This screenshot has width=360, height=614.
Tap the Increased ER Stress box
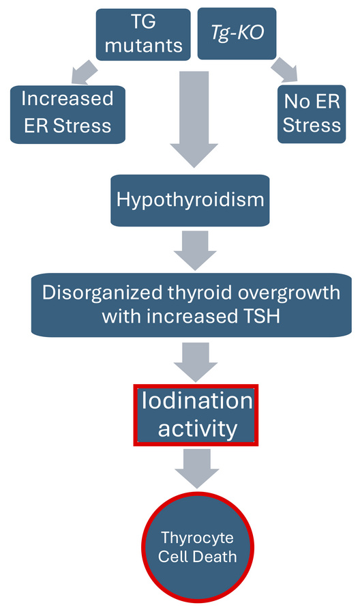tap(67, 113)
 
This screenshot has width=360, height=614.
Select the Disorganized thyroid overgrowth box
tap(191, 304)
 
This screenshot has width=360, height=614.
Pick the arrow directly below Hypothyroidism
tap(194, 250)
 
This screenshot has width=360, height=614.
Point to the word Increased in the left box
tap(67, 98)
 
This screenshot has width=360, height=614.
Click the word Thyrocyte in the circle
tap(198, 537)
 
